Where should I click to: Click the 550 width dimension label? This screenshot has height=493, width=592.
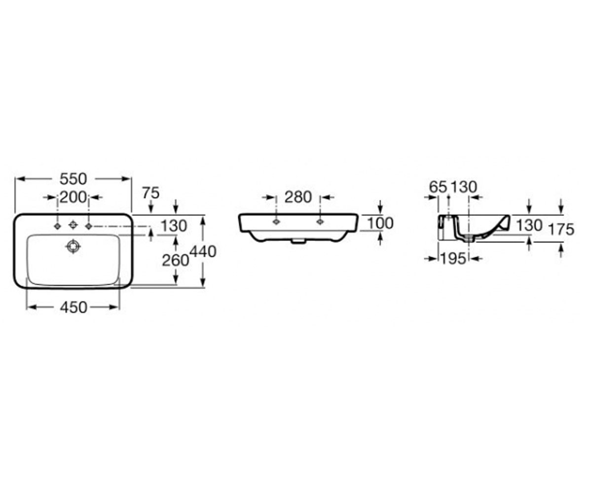[x=74, y=179]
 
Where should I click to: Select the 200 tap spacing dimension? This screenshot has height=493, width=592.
[x=73, y=197]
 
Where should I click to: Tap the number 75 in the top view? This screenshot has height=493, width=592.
[x=151, y=193]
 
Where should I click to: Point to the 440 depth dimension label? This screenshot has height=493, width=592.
[x=203, y=251]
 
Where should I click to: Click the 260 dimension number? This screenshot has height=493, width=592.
[x=175, y=260]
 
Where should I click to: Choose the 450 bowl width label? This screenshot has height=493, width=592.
[x=74, y=307]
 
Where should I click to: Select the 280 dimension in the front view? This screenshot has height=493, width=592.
[x=298, y=197]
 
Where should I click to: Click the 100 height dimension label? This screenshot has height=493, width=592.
[x=380, y=223]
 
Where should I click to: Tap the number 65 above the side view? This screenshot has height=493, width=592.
[x=438, y=187]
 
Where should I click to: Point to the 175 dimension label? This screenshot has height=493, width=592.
[x=561, y=229]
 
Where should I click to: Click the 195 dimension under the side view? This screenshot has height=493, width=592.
[x=453, y=258]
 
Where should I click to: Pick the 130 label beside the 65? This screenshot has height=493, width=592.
[x=464, y=187]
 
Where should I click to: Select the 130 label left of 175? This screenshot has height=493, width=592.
[x=529, y=226]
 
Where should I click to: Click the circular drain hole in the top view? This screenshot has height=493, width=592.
[x=74, y=246]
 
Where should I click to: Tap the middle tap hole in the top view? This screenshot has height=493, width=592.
[x=74, y=225]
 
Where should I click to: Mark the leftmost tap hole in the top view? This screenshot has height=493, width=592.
[x=58, y=226]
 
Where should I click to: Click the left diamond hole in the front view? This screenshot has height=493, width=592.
[x=276, y=222]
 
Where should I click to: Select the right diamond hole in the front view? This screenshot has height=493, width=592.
[x=320, y=222]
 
